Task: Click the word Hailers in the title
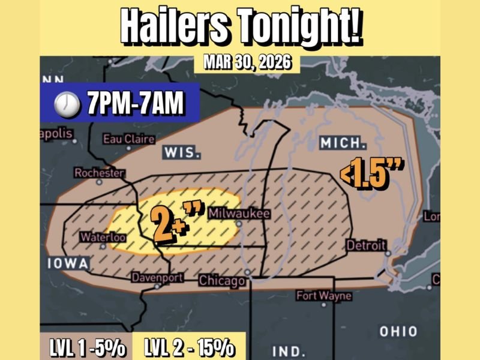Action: point(174,26)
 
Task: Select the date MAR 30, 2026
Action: point(247,62)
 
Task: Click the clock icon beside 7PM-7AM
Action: point(67,105)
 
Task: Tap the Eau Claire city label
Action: point(128,139)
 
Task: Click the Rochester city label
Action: point(99,173)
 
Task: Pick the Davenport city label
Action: point(157,278)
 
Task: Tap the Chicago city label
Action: point(222,280)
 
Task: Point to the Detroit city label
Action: point(366,246)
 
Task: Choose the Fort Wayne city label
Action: point(324,296)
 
